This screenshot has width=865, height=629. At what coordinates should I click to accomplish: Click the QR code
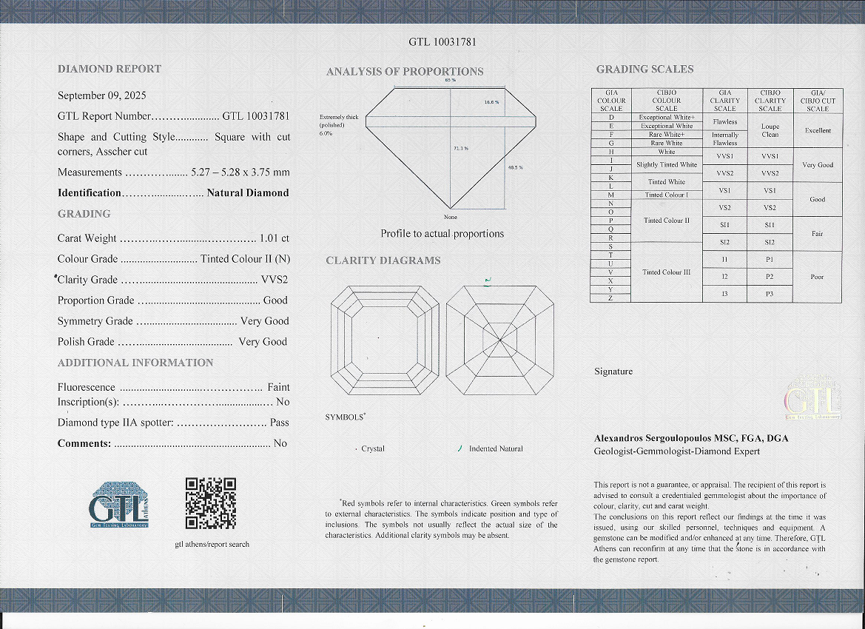pos(210,503)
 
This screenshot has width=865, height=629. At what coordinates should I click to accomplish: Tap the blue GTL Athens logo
pos(118,505)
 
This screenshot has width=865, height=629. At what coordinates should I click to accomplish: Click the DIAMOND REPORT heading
pos(110,69)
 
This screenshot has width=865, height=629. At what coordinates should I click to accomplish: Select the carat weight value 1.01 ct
pos(274,238)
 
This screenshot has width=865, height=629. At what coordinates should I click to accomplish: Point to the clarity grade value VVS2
pos(275,280)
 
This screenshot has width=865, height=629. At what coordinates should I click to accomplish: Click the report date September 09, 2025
pos(102,95)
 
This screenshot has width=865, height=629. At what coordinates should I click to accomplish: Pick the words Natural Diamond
pos(247,193)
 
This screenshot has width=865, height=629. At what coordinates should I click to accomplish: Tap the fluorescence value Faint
pos(278,387)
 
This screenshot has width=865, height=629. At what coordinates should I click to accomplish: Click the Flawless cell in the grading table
pos(724,121)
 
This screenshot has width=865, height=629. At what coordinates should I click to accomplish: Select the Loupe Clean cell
pos(770,130)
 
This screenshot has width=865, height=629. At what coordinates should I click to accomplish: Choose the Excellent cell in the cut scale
pos(818,130)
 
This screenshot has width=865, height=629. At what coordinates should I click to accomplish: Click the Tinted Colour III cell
pos(666,272)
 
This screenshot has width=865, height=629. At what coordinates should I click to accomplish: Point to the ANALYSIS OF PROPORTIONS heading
pos(405,72)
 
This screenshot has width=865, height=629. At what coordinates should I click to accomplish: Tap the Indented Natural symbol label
pos(496,448)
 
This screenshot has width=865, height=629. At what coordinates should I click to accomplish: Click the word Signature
pos(613,371)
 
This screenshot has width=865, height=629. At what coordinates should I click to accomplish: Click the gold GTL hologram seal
pos(812,400)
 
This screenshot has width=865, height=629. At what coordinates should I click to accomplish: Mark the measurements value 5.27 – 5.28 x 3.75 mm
pos(240,172)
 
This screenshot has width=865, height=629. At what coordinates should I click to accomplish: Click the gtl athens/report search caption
pos(212,544)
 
